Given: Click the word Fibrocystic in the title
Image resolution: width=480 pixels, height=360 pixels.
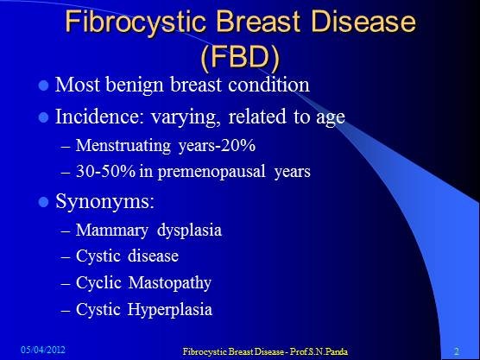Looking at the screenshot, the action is [x=136, y=22].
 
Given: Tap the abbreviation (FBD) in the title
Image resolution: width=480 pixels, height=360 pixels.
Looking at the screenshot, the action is [x=240, y=58].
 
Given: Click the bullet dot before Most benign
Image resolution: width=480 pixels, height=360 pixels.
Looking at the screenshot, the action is [x=44, y=85].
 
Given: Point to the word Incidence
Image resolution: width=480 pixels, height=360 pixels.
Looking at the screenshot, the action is [x=99, y=117].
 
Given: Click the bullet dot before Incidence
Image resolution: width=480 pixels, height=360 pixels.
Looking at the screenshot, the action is [x=44, y=117].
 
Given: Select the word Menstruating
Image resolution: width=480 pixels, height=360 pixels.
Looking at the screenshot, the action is [x=123, y=146].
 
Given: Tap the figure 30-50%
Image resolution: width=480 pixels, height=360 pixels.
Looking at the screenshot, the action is [x=105, y=171].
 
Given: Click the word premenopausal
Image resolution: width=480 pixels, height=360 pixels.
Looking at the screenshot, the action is [x=212, y=172].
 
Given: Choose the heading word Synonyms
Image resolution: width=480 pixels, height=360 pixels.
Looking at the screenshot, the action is [x=104, y=202].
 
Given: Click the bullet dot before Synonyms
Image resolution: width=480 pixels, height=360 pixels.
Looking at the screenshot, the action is [x=44, y=202].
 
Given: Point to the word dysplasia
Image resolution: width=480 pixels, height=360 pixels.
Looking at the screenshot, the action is [x=189, y=231].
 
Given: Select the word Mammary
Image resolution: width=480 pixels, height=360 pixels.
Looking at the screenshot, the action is [x=112, y=231].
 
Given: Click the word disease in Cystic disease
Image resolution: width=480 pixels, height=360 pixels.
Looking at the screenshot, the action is [x=153, y=256].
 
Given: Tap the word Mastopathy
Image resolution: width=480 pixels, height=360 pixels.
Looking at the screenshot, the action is [x=169, y=283].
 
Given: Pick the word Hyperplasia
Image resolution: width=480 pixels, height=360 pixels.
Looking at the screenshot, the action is [x=170, y=309].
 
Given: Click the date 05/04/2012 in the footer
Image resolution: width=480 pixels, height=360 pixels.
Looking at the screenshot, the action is [x=43, y=350].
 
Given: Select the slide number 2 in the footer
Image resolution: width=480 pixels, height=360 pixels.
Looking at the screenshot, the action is [x=457, y=351].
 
